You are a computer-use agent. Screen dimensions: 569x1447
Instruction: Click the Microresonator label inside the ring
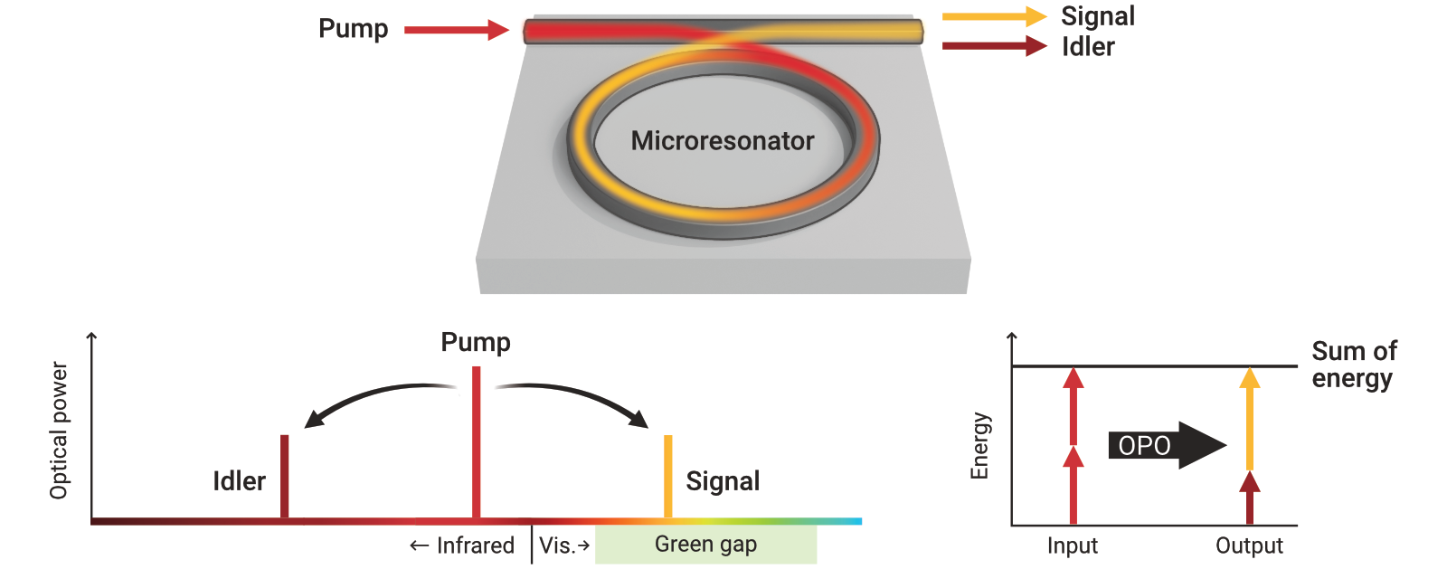point(722,141)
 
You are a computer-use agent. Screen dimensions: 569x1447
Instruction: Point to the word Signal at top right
point(1097,16)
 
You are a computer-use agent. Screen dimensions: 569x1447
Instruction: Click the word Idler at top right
point(1088,47)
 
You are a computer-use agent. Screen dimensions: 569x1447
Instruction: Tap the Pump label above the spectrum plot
point(476,343)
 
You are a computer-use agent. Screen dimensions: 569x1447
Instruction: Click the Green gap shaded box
point(705,545)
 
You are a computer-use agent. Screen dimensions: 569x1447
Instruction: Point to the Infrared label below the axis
point(463,545)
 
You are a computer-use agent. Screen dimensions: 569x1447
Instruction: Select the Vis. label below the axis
point(563,545)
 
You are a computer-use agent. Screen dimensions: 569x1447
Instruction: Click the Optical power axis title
point(59,431)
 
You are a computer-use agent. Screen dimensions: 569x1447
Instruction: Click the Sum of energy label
point(1353,364)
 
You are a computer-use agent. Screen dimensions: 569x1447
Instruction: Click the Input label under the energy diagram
point(1072,545)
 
